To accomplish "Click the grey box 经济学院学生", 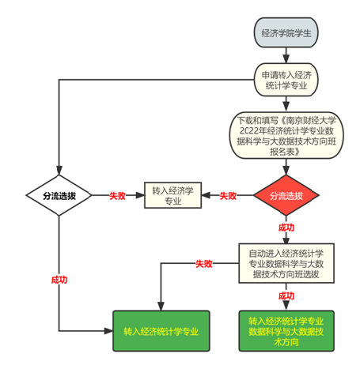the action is click(286, 32).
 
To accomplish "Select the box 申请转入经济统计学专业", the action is click(286, 80).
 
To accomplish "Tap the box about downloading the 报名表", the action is click(286, 135).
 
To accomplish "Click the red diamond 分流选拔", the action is click(286, 195).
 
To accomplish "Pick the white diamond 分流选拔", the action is click(59, 195).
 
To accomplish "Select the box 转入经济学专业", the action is click(172, 195).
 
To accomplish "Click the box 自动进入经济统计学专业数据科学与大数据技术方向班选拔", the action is click(286, 263).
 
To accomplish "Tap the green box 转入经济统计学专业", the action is click(161, 331).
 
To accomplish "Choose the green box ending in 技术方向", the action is click(286, 331).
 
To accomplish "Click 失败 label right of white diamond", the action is click(117, 196).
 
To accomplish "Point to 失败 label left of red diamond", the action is click(228, 196).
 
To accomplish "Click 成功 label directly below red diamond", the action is click(286, 228).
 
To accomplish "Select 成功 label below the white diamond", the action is click(59, 280).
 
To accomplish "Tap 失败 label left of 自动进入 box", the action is click(204, 264).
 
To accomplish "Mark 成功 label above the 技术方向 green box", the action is click(286, 296).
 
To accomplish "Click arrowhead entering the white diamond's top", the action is click(59, 171).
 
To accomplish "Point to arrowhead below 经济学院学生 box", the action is click(286, 58).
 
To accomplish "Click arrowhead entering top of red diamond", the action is click(286, 171).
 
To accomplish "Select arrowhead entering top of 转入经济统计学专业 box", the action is click(161, 307).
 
